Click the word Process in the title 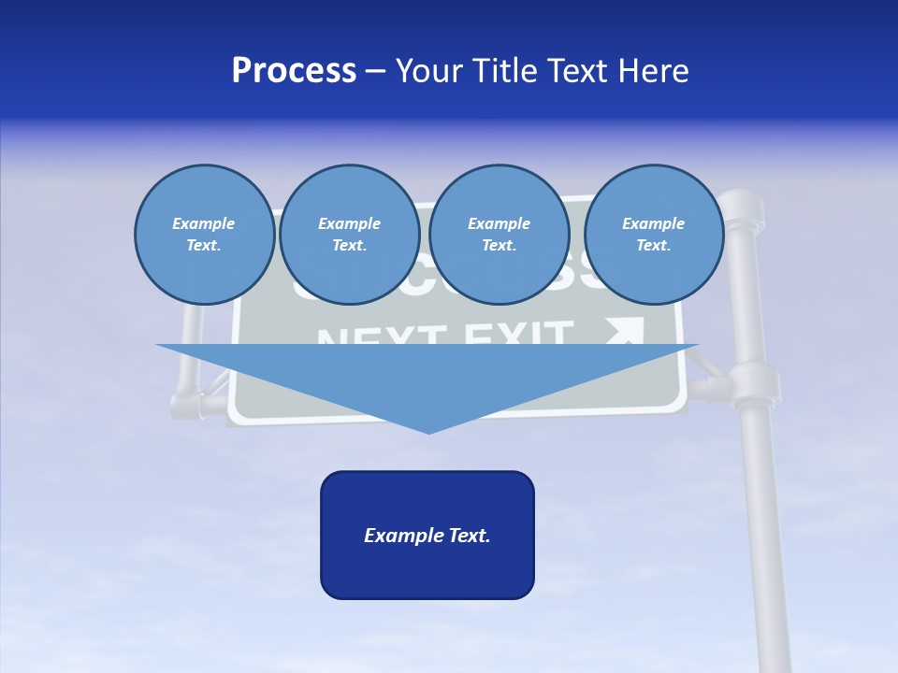pyautogui.click(x=294, y=71)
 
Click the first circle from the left pyautogui.click(x=204, y=235)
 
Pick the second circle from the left pyautogui.click(x=349, y=235)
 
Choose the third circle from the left pyautogui.click(x=499, y=235)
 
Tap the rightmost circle pyautogui.click(x=653, y=235)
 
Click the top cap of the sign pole pyautogui.click(x=743, y=200)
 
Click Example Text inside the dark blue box pyautogui.click(x=427, y=536)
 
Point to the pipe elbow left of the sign pyautogui.click(x=184, y=405)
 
